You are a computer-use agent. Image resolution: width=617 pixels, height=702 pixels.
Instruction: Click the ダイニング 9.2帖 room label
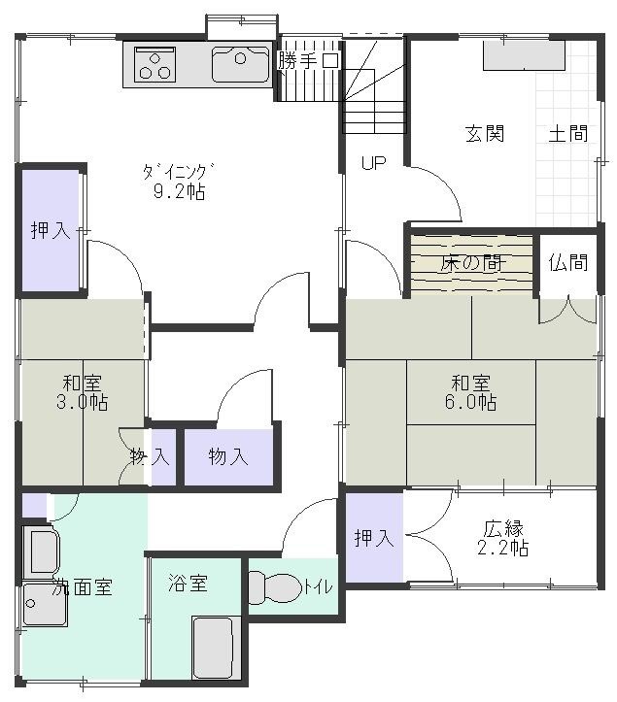[x=179, y=182]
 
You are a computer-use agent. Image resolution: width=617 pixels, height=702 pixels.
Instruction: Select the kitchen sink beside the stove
[x=242, y=65]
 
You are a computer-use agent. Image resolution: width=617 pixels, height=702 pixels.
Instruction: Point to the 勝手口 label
[x=308, y=60]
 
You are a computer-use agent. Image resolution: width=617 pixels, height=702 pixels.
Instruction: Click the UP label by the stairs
[x=374, y=163]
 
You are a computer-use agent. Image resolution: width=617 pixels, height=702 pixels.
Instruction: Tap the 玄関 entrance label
[x=485, y=134]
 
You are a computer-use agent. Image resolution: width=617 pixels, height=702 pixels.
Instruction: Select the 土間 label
[x=568, y=133]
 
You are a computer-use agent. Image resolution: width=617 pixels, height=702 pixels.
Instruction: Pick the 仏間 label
[x=568, y=262]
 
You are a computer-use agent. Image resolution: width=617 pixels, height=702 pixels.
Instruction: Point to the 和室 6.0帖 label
[x=470, y=392]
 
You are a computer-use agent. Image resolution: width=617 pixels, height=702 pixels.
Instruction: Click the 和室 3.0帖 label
[x=83, y=392]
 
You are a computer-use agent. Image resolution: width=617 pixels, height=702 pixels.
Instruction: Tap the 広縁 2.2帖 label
[x=502, y=538]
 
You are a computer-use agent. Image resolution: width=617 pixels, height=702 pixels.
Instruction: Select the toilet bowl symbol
[x=275, y=586]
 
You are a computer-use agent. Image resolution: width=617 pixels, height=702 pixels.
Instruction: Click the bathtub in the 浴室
[x=213, y=648]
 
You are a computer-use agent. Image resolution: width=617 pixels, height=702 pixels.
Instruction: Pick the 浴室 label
[x=188, y=584]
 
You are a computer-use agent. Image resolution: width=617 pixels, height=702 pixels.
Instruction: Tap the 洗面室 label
[x=82, y=586]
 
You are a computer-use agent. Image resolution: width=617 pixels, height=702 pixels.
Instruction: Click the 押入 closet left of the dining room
[x=51, y=230]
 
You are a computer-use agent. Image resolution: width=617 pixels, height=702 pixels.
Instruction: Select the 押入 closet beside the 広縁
[x=374, y=538]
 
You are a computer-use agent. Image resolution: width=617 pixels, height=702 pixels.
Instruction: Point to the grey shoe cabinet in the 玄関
[x=524, y=55]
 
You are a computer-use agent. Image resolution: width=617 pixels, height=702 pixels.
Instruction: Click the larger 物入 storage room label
[x=228, y=456]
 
